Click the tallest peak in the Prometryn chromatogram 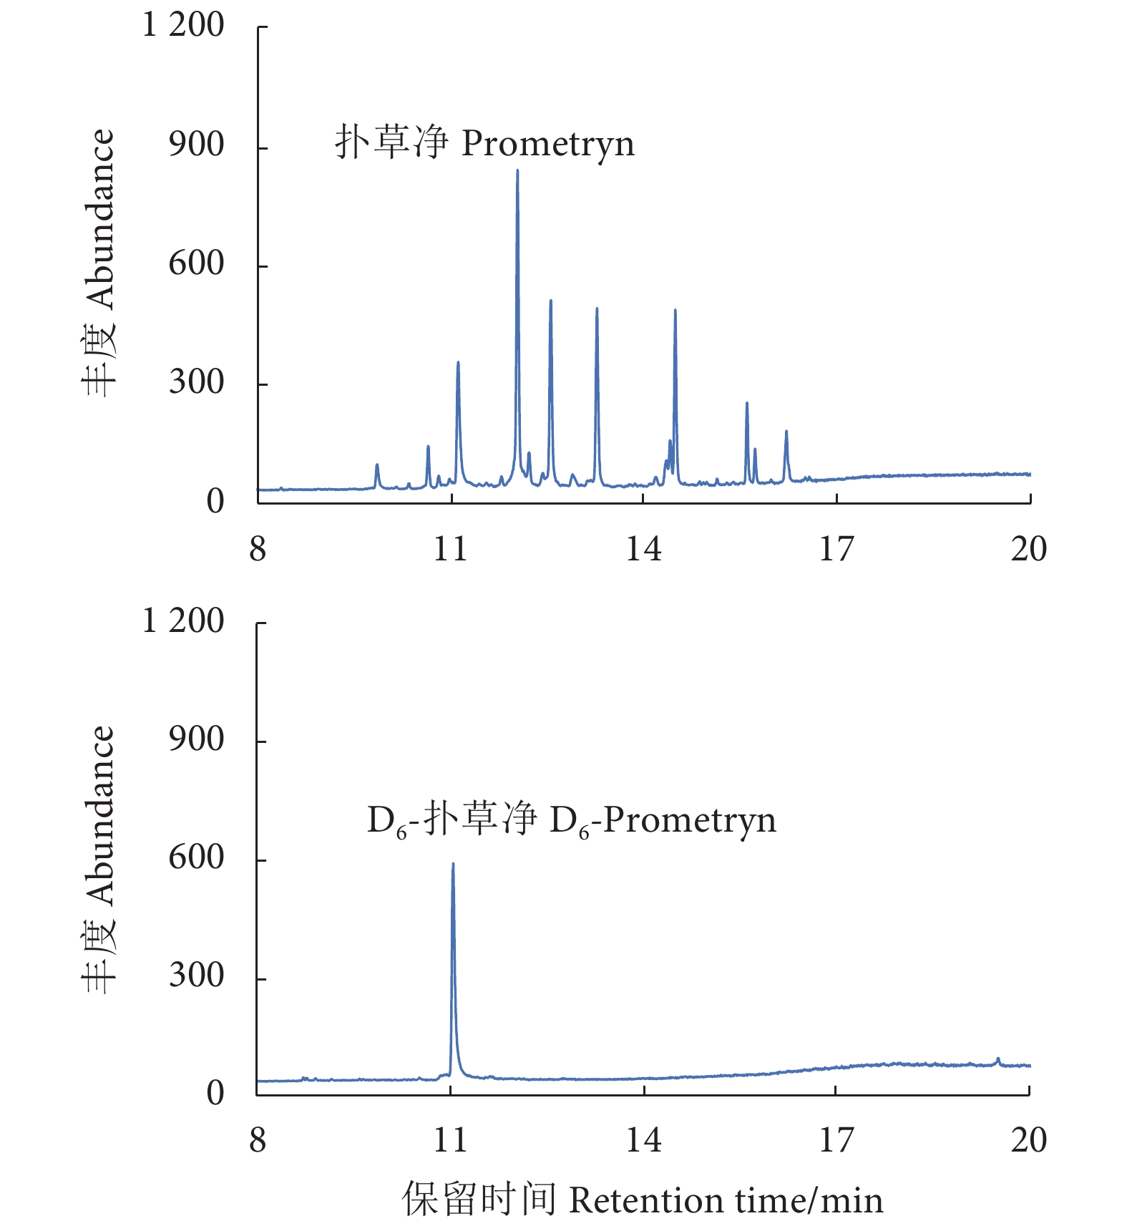point(517,171)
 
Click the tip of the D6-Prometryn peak point(453,865)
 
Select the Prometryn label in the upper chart point(484,142)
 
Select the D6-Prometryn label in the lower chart point(571,819)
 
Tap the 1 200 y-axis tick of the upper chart point(183,26)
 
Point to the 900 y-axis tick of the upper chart point(196,145)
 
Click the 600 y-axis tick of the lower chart point(196,857)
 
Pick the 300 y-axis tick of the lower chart point(196,976)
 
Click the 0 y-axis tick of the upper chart point(215,502)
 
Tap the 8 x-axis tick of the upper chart point(258,550)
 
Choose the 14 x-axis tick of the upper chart point(643,550)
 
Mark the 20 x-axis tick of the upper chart point(1029,550)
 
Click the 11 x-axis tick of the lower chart point(450,1140)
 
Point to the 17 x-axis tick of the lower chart point(836,1140)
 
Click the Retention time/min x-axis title point(643,1200)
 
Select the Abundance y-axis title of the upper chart point(98,263)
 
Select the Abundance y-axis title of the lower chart point(98,859)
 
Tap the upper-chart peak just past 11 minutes point(458,363)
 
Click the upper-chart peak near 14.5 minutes point(675,311)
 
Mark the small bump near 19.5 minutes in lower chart point(997,1059)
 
